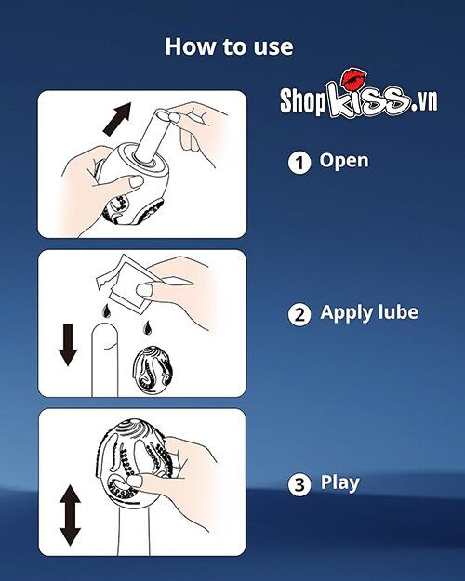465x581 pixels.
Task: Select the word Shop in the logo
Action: pyautogui.click(x=311, y=101)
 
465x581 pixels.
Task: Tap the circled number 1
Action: pyautogui.click(x=299, y=163)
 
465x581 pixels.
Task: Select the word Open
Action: pyautogui.click(x=344, y=160)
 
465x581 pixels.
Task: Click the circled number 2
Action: pyautogui.click(x=299, y=314)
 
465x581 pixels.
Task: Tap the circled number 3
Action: pyautogui.click(x=299, y=484)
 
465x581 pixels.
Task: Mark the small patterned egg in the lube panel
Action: pyautogui.click(x=148, y=369)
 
